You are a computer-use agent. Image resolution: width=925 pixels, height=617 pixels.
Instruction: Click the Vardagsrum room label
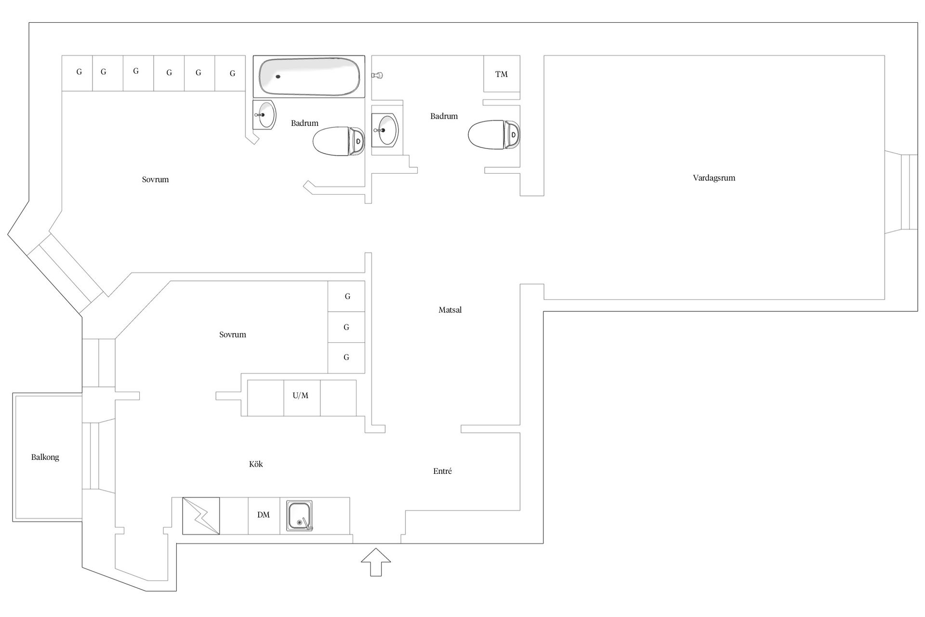[x=714, y=178]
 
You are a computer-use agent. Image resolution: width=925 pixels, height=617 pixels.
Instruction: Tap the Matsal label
[x=450, y=310]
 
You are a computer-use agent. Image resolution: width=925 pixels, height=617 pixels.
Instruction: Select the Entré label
[x=442, y=471]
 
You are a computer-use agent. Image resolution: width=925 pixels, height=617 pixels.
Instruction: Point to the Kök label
[x=256, y=464]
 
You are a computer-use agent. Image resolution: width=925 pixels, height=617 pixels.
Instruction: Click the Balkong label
[x=45, y=457]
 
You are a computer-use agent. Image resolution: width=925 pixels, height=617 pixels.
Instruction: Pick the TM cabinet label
[x=502, y=74]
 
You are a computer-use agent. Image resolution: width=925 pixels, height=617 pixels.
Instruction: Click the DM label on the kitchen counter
[x=264, y=515]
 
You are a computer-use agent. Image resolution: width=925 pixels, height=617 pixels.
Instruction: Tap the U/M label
[x=301, y=396]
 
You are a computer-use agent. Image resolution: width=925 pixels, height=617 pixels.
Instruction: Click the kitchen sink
[x=300, y=516]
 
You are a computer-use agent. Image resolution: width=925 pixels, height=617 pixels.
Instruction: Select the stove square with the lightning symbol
[x=201, y=516]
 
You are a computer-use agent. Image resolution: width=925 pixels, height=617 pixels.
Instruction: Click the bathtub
[x=309, y=77]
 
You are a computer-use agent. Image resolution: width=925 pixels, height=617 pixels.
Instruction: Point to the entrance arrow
[x=376, y=562]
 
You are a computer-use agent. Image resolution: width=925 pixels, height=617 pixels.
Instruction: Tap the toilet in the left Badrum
[x=339, y=141]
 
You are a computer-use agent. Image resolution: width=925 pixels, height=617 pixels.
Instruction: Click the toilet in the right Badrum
[x=494, y=134]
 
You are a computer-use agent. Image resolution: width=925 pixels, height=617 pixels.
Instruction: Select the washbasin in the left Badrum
[x=264, y=115]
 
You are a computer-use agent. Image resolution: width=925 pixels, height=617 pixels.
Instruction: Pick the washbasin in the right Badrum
[x=385, y=130]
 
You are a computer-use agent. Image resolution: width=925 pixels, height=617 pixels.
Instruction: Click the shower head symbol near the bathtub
[x=377, y=75]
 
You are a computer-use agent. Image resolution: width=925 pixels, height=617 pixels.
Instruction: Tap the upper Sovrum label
[x=155, y=180]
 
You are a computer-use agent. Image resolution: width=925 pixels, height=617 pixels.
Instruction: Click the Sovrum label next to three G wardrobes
[x=233, y=335]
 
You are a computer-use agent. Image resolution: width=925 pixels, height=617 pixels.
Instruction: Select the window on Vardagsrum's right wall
[x=901, y=192]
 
